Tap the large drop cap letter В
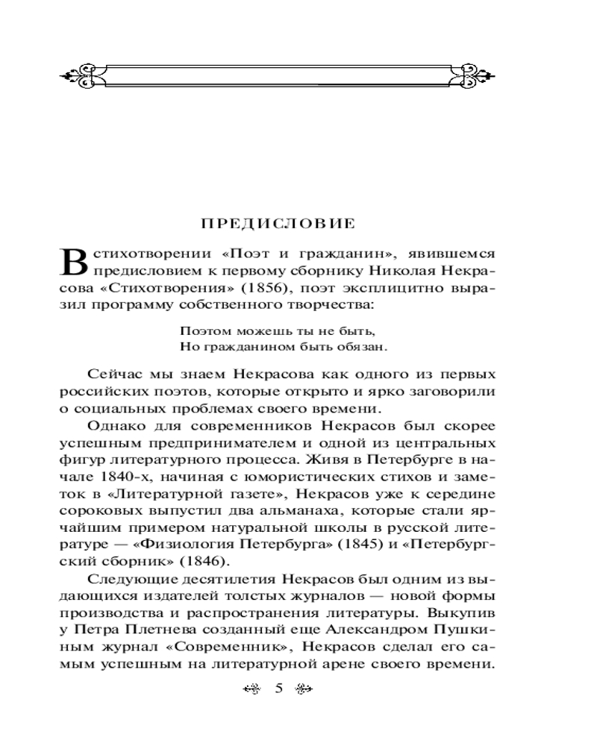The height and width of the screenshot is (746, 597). tap(72, 262)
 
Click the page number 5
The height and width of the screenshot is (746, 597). tap(278, 689)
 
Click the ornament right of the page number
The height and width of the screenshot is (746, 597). tap(303, 689)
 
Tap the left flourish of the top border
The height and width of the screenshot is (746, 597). tap(78, 75)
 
